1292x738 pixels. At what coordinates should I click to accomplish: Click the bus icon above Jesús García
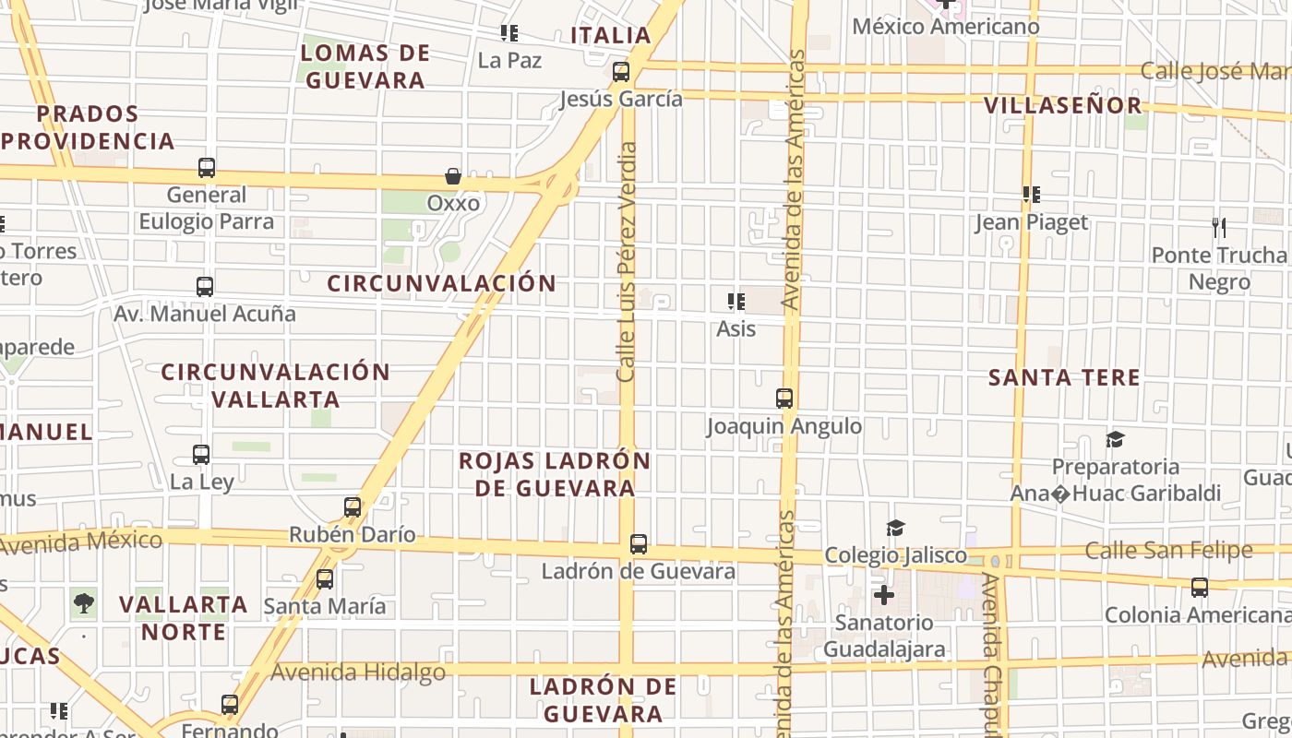[x=621, y=71]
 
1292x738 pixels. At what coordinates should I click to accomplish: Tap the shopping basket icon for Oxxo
[x=453, y=175]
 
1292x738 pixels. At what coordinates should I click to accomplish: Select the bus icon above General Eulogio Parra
[x=207, y=168]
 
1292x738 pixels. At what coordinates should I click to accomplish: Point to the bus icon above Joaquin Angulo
[x=784, y=399]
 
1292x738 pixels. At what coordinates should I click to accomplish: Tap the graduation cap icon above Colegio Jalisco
[x=895, y=528]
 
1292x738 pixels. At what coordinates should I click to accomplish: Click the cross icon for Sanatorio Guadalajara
[x=883, y=595]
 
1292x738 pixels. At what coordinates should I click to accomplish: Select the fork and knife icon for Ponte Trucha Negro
[x=1219, y=227]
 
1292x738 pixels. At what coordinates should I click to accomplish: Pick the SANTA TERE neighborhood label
[x=1064, y=377]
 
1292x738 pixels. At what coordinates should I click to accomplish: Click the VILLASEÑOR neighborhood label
[x=1063, y=105]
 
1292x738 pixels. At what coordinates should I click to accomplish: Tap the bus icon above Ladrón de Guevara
[x=639, y=544]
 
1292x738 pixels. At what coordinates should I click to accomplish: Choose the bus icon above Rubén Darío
[x=353, y=507]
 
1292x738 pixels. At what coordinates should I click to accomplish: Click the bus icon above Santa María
[x=325, y=579]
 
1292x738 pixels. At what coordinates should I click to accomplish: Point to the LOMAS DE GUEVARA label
[x=365, y=66]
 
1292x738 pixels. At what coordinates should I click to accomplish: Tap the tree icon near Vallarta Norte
[x=84, y=604]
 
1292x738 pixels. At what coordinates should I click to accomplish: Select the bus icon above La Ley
[x=201, y=455]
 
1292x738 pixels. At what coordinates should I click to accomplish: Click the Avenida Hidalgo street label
[x=358, y=673]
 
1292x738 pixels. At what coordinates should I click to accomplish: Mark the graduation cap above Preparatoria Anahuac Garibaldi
[x=1115, y=439]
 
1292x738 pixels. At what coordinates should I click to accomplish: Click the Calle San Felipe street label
[x=1168, y=551]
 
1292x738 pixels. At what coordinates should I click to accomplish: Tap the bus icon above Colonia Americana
[x=1200, y=588]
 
